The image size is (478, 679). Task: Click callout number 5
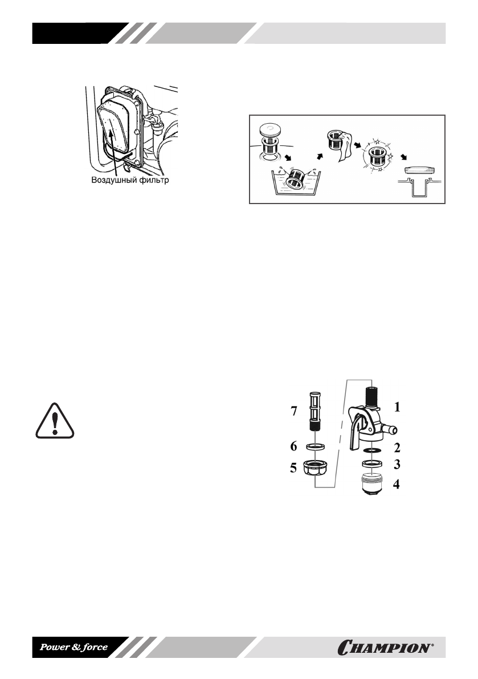point(294,469)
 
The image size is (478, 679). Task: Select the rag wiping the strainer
point(345,148)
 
